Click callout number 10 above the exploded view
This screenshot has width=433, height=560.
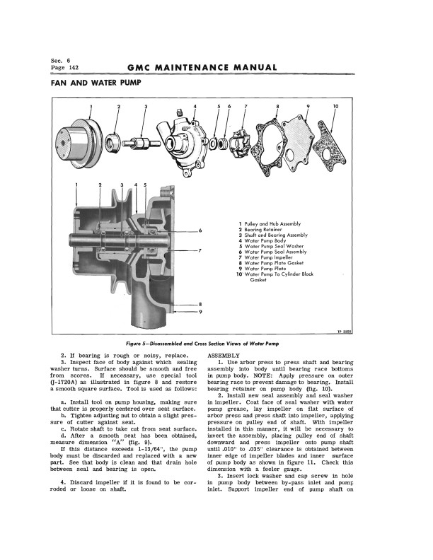[x=335, y=106]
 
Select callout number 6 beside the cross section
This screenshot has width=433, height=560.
[x=200, y=231]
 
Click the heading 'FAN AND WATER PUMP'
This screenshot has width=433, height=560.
[x=96, y=83]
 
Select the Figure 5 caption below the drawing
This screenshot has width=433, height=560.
[x=216, y=342]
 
